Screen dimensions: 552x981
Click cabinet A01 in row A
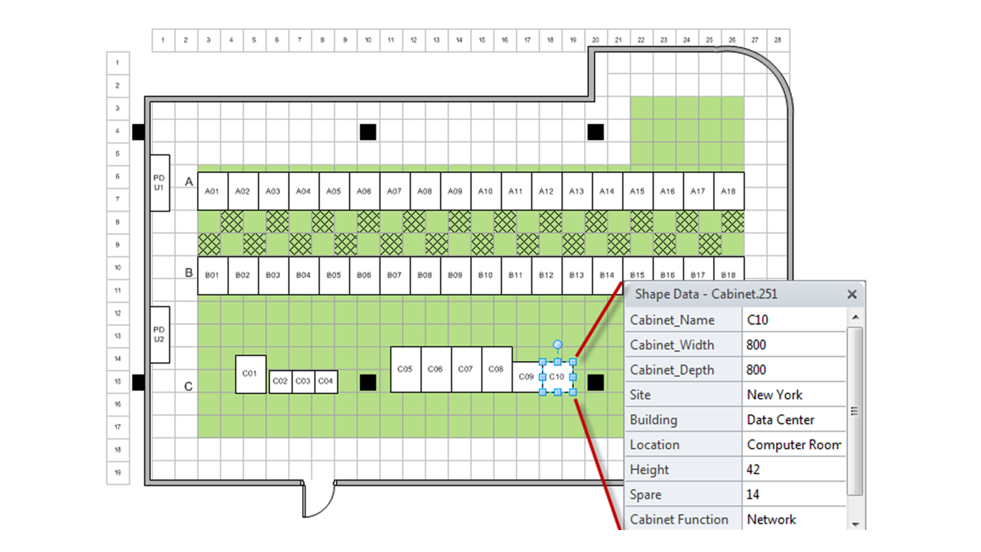(212, 191)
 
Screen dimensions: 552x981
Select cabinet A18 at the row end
(728, 191)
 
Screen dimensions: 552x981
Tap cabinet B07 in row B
(394, 275)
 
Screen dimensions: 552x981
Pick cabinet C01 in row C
(250, 374)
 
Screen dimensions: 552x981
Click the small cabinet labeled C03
(303, 381)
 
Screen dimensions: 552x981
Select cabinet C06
(435, 369)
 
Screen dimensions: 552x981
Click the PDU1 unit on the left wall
(159, 183)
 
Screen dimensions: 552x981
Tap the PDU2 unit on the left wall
(159, 335)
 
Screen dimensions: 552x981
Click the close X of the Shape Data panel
(852, 294)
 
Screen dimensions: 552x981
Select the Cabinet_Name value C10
(758, 320)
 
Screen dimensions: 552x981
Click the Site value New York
(775, 395)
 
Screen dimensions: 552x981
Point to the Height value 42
(753, 469)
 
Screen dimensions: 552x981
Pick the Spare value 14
(753, 494)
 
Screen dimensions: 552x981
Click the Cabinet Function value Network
(771, 519)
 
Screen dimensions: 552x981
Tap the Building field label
(653, 420)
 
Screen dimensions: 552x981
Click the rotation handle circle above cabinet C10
(557, 344)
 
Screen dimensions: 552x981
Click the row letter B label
(189, 273)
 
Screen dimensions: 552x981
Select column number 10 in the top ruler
(368, 40)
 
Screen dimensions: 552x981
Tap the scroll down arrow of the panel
(855, 524)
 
